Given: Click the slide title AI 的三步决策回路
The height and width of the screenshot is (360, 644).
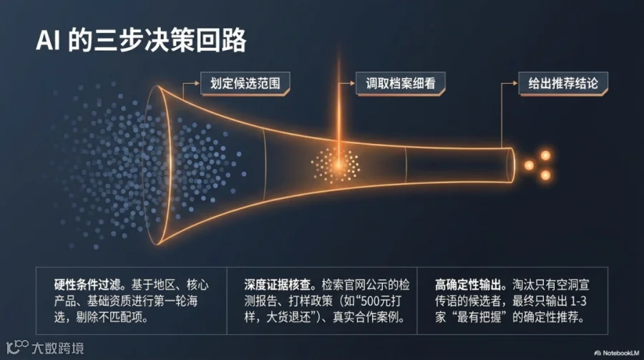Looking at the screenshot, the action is [x=141, y=40].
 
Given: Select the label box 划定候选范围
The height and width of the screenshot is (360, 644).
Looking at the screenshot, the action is [x=245, y=84].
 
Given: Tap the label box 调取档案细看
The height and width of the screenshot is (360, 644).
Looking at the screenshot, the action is [x=401, y=84].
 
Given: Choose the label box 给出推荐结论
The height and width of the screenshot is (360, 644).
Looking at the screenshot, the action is [x=563, y=84].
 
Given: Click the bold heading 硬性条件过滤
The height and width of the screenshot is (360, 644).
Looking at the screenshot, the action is [x=87, y=285].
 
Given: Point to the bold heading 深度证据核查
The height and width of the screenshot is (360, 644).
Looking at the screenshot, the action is [x=278, y=285].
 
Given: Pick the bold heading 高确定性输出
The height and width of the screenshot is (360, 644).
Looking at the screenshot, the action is [x=468, y=285].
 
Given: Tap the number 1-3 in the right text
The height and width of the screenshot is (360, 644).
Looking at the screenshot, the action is [x=578, y=301].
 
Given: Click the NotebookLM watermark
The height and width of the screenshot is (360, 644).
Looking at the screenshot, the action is [x=617, y=353].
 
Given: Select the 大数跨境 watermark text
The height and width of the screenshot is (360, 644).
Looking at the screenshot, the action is [x=58, y=349].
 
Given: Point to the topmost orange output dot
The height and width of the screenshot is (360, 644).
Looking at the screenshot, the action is [x=545, y=155].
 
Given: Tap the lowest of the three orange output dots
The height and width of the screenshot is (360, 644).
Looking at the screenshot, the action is [x=545, y=175].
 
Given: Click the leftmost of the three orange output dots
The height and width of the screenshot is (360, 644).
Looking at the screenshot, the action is [x=529, y=165].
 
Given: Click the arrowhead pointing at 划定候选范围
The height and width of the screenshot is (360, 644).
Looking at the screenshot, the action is [x=197, y=84].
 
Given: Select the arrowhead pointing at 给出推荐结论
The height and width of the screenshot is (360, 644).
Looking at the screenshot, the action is [x=515, y=84].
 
